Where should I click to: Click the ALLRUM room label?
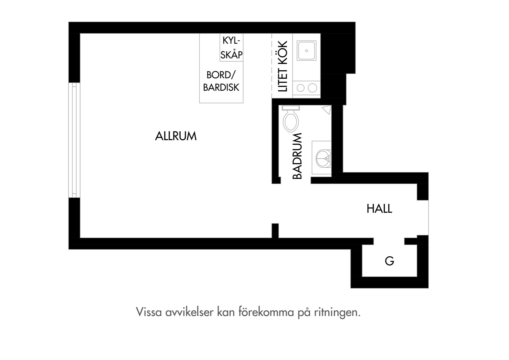176,136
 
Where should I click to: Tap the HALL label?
379,209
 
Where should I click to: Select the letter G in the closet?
389,261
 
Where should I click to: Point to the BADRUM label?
297,156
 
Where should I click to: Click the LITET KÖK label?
283,66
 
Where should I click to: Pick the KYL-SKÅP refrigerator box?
231,47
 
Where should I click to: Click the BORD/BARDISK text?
221,81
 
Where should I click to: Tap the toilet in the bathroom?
290,119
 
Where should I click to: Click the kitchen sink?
306,51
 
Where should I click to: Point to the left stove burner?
300,88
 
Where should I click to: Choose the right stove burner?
312,88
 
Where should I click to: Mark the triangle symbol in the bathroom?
327,110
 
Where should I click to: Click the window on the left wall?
74,140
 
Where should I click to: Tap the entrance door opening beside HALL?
423,218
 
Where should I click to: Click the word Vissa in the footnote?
149,312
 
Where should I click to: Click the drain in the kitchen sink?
306,51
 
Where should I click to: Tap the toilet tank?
290,108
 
